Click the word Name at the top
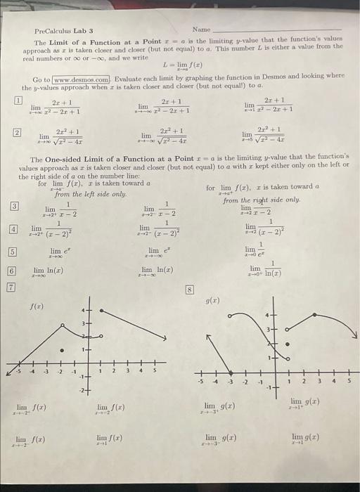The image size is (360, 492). [x=201, y=30]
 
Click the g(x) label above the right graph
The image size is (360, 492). [x=212, y=301]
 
